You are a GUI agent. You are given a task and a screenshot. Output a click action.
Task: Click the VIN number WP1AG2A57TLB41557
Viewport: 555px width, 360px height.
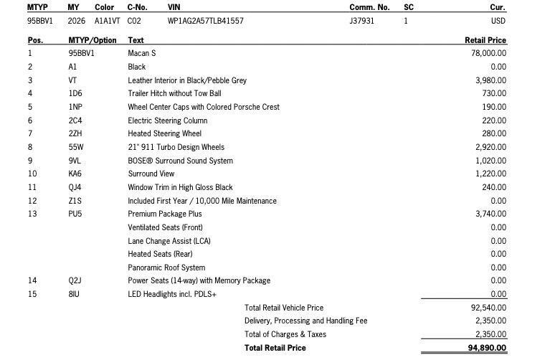point(205,21)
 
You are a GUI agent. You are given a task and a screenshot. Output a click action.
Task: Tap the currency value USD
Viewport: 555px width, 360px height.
point(498,21)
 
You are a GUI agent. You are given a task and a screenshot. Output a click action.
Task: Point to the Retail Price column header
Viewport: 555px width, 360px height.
point(485,40)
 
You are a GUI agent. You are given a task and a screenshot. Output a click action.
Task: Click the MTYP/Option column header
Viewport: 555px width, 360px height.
point(92,40)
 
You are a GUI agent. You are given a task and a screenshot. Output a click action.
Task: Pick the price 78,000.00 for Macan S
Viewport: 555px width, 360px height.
point(488,53)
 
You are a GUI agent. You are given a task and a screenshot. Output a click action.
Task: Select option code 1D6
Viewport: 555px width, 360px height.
point(75,93)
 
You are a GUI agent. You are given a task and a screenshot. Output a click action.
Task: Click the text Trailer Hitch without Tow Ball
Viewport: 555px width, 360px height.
point(174,93)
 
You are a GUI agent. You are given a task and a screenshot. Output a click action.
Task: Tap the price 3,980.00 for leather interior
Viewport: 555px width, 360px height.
point(490,80)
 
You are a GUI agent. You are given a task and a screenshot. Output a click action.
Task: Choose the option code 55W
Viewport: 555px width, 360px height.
point(75,147)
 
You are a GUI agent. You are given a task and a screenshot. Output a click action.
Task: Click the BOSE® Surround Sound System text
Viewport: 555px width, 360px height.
point(180,161)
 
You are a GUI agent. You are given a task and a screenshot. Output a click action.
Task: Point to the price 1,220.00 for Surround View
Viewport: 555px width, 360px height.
point(490,174)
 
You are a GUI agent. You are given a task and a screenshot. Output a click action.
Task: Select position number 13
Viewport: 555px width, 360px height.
point(32,214)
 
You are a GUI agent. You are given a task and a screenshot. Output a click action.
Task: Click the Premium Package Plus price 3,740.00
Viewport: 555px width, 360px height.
point(490,214)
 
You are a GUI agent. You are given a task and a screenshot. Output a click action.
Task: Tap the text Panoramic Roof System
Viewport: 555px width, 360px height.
point(166,267)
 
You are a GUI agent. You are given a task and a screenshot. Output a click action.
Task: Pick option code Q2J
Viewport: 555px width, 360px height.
point(75,280)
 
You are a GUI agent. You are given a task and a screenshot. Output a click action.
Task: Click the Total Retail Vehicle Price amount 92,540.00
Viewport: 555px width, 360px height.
point(488,308)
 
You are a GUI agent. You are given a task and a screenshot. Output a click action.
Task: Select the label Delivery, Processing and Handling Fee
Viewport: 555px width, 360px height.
point(305,321)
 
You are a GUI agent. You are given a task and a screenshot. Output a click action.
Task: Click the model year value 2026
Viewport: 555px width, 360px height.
point(76,21)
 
